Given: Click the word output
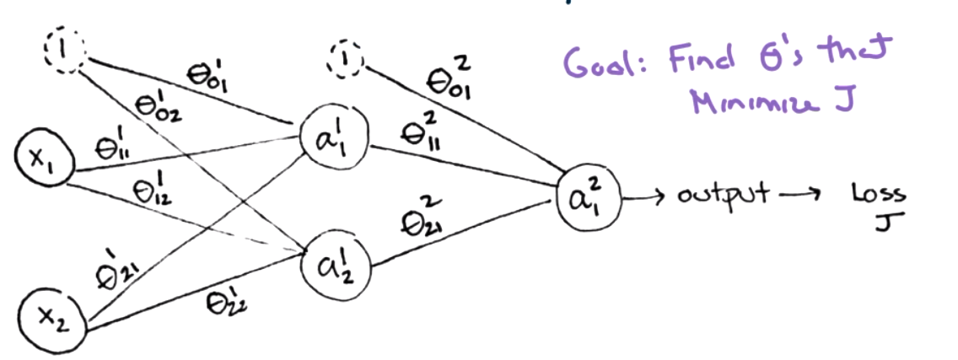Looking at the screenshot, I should click(x=721, y=196).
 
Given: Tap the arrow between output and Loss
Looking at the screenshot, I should click(x=797, y=196).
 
